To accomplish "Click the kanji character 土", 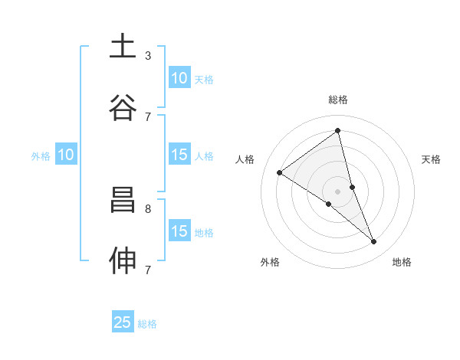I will pos(123,47).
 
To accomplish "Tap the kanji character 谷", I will pos(123,107).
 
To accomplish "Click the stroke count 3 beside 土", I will pos(147,55).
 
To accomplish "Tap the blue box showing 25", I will pos(123,322).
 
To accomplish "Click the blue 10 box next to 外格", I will pos(66,155).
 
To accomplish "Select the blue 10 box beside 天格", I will pos(179,78).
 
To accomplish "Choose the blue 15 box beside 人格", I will pos(179,155).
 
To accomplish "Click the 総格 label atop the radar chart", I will pos(338,100).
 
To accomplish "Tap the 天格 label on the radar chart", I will pos(432,159).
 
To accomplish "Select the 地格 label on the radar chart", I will pos(402,262).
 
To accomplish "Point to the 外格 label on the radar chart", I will pos(270,262).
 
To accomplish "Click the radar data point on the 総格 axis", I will pos(338,130).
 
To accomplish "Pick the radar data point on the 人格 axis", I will pos(280,172).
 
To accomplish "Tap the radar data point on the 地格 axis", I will pos(374,241).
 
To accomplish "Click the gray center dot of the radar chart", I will pos(338,191).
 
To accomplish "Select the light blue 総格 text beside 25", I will pos(147,324).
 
